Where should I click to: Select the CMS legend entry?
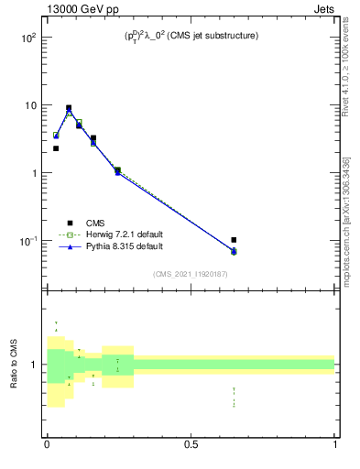(95, 222)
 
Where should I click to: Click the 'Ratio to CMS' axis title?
(15, 365)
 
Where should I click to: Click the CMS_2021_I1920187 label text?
(191, 274)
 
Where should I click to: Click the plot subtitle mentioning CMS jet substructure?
(191, 37)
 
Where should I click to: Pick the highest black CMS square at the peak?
(69, 107)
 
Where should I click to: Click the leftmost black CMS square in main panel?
(56, 148)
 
